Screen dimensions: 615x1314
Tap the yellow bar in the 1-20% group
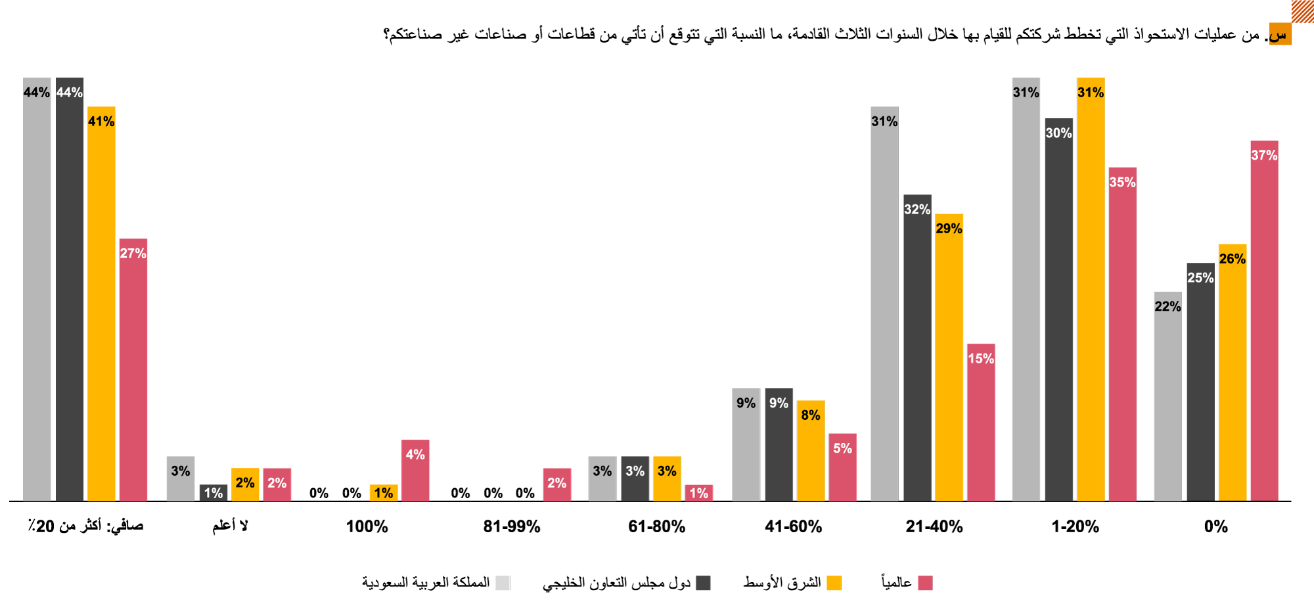pyautogui.click(x=1091, y=289)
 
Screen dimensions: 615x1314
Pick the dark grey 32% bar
pyautogui.click(x=917, y=348)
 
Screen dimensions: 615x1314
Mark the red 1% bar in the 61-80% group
pyautogui.click(x=699, y=493)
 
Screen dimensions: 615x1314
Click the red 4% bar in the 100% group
pyautogui.click(x=415, y=470)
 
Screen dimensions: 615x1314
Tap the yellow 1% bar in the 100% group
pyautogui.click(x=384, y=493)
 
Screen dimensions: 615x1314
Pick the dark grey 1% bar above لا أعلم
pyautogui.click(x=214, y=493)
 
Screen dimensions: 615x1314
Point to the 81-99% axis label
pyautogui.click(x=512, y=526)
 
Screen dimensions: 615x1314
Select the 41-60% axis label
pyautogui.click(x=793, y=526)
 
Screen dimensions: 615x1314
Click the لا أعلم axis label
pyautogui.click(x=230, y=526)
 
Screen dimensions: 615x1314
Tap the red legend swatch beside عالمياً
pyautogui.click(x=925, y=583)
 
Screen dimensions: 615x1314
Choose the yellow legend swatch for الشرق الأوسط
pyautogui.click(x=834, y=583)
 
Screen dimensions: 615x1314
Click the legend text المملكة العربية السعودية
pyautogui.click(x=426, y=583)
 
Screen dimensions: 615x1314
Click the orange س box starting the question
pyautogui.click(x=1279, y=34)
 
